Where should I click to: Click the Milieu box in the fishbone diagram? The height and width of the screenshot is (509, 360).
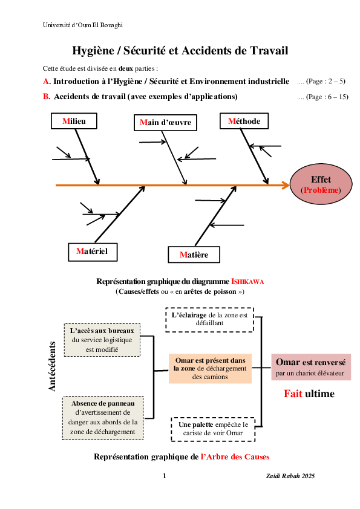pos(74,122)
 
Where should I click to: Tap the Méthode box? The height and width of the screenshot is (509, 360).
pos(244,122)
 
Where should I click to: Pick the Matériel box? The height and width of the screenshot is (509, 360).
pos(92,250)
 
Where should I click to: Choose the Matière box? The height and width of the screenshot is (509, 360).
pos(194,255)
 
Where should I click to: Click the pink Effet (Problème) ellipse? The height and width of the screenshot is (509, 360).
pos(321,185)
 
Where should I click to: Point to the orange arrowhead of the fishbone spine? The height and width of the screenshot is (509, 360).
pos(286,185)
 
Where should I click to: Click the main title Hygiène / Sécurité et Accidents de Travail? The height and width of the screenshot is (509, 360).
pos(180,51)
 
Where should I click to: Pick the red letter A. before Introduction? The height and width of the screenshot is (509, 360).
pos(47,81)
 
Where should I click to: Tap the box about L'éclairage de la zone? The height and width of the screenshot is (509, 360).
pos(209,319)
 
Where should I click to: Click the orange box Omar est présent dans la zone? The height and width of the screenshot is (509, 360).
pos(210,368)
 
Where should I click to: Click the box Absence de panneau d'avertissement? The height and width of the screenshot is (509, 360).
pos(103,417)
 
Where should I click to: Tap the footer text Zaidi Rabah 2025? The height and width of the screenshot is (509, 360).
pos(290,476)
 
